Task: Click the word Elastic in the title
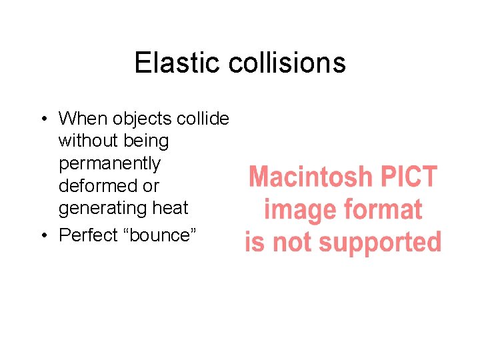click(x=177, y=63)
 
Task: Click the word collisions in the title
click(x=287, y=63)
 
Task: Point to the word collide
click(x=203, y=119)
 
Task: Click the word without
click(x=86, y=141)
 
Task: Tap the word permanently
click(x=110, y=163)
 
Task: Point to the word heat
click(x=171, y=208)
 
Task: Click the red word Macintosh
click(x=310, y=177)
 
